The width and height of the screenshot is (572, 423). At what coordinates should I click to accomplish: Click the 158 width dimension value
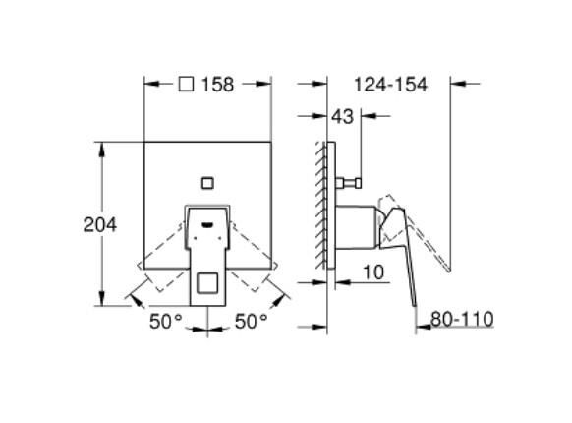(x=218, y=85)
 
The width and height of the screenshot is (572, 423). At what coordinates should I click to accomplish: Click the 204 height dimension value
(x=100, y=224)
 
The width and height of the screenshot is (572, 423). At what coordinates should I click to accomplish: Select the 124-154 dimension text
(x=390, y=85)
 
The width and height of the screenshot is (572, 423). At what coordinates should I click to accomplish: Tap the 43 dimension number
(x=343, y=116)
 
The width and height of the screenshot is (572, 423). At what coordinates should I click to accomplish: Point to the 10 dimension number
(x=373, y=272)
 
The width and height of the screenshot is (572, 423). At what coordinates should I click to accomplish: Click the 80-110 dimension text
(x=462, y=319)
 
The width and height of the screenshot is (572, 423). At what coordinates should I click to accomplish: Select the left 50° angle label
(x=166, y=322)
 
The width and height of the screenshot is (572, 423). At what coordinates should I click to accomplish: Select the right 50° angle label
(x=251, y=322)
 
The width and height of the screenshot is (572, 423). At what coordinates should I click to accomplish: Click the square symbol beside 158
(x=186, y=84)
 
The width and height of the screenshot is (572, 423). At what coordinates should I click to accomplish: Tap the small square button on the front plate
(x=207, y=183)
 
